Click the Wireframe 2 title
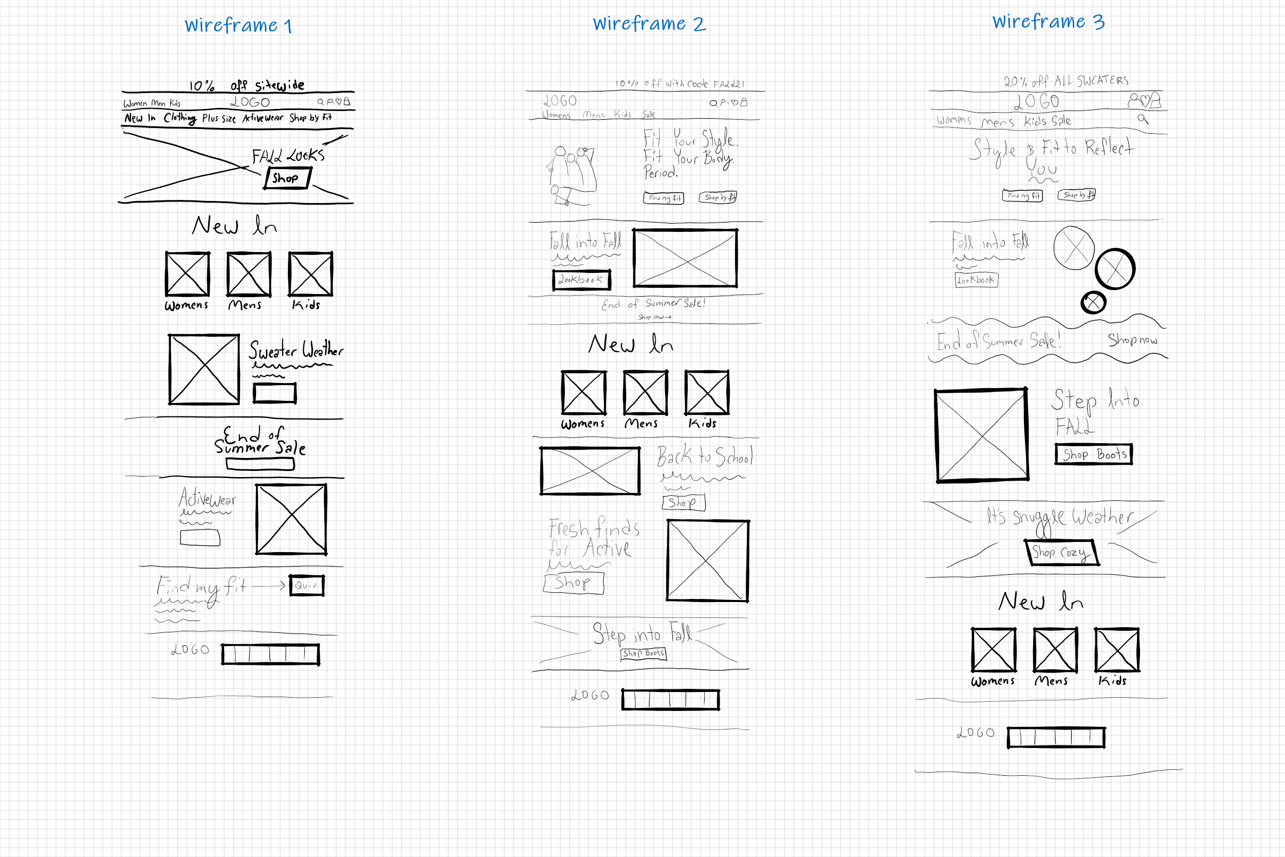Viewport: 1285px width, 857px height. [x=649, y=24]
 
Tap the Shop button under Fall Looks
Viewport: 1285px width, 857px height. [x=287, y=178]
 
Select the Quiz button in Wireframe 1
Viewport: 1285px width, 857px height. [x=306, y=585]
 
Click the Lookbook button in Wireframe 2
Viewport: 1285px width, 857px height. [x=581, y=280]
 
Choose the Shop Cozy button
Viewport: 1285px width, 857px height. [x=1061, y=553]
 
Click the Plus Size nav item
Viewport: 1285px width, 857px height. [x=218, y=118]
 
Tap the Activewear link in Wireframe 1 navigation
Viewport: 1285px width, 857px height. [x=263, y=118]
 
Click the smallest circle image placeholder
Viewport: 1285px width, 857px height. [x=1093, y=302]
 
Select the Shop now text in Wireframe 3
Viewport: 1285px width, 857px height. [x=1132, y=340]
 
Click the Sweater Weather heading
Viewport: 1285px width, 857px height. [x=296, y=350]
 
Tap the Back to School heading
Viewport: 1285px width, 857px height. [x=705, y=456]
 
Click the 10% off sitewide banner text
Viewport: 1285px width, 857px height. [x=246, y=85]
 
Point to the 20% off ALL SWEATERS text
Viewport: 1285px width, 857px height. [x=1066, y=81]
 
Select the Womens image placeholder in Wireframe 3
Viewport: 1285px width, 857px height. [x=994, y=649]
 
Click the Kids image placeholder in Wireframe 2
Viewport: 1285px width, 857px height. [x=707, y=392]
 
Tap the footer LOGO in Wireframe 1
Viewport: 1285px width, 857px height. [x=190, y=650]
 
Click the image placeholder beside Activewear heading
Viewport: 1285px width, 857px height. [x=291, y=519]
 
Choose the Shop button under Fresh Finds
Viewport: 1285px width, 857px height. [x=573, y=582]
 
